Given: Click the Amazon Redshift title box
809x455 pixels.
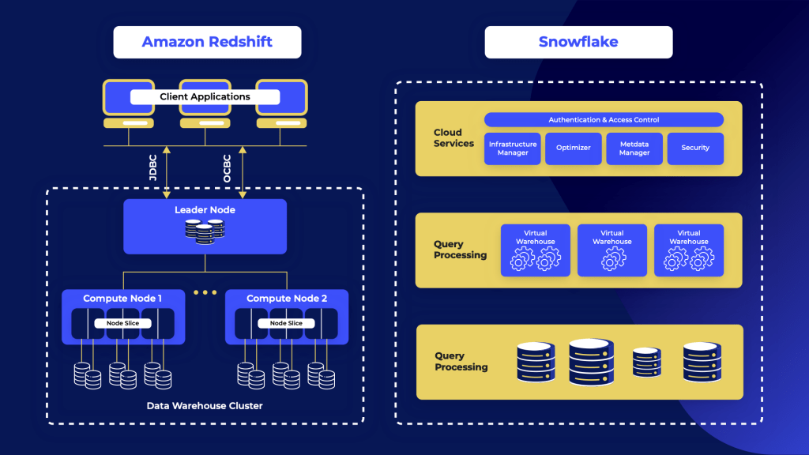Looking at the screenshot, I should click(x=207, y=42).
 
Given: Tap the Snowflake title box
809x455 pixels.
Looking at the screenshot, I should click(x=578, y=42).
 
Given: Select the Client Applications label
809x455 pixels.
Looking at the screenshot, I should click(x=205, y=97).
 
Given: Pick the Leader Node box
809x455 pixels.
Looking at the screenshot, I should click(x=205, y=226).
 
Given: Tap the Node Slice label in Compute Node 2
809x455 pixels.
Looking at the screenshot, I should click(x=286, y=323).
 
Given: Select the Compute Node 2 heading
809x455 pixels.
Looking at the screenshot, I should click(x=286, y=299).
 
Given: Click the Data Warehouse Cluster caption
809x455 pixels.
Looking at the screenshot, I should click(x=205, y=405).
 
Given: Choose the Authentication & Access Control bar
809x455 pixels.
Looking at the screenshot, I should click(x=604, y=120).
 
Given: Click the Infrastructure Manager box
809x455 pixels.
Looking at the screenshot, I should click(x=513, y=149).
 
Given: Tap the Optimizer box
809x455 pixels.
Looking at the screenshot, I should click(x=574, y=149).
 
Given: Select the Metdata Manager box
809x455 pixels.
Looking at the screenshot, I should click(x=634, y=149).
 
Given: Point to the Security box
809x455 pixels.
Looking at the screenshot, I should click(x=695, y=149).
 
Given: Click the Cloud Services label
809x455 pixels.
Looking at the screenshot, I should click(x=453, y=138).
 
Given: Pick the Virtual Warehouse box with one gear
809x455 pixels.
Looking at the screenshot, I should click(x=612, y=250).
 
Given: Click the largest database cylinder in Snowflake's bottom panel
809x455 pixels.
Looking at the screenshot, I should click(x=591, y=362).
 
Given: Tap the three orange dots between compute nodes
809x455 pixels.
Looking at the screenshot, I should click(x=205, y=292).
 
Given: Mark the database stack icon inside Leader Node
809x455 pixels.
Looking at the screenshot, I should click(x=205, y=230).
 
